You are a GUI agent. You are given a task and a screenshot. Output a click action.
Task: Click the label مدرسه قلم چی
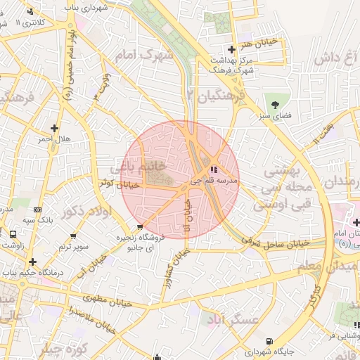(214, 181)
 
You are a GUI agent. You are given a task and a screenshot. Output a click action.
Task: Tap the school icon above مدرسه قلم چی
(214, 169)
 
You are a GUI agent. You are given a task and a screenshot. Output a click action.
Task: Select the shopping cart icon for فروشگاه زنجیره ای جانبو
(140, 227)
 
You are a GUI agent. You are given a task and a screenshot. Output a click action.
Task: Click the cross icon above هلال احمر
(54, 128)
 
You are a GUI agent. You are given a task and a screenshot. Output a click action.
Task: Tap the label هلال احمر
(54, 139)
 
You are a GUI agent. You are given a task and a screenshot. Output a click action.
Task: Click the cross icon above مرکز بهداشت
(231, 49)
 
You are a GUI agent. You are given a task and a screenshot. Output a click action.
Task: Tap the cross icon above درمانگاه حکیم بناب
(32, 262)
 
